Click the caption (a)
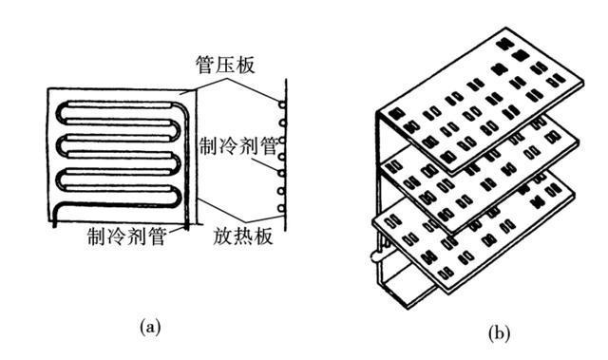point(149,327)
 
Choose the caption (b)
point(499,333)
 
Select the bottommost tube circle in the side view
point(282,219)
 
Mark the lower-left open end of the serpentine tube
point(54,221)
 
